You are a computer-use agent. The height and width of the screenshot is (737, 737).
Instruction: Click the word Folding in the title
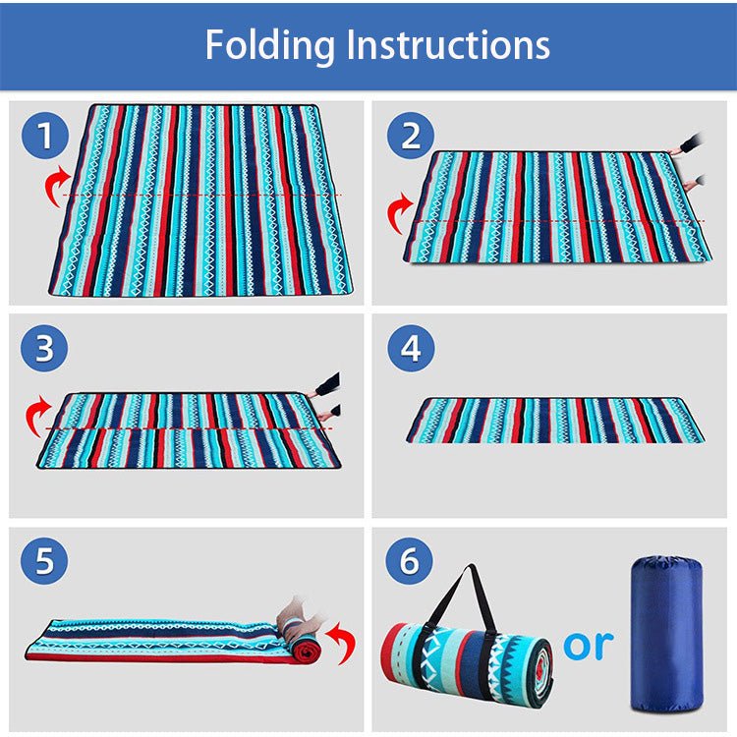tap(269, 45)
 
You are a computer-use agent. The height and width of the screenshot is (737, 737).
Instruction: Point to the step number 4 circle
tap(410, 350)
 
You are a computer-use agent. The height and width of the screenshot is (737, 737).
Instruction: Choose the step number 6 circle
tap(410, 563)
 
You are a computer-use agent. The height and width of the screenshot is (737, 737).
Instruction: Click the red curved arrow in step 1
tap(58, 186)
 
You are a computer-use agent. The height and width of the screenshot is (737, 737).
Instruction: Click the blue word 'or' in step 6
tap(588, 645)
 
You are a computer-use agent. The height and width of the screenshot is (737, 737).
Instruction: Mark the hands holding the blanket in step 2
tap(691, 162)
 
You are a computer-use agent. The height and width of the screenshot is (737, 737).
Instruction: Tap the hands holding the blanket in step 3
tap(325, 398)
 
